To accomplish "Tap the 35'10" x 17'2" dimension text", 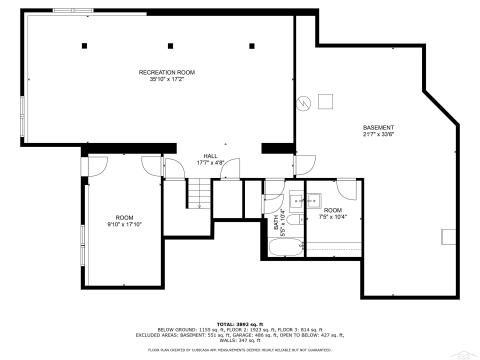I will (x=164, y=80).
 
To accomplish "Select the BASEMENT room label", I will (x=378, y=127).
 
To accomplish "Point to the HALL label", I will (x=211, y=156).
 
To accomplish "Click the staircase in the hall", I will (x=203, y=193).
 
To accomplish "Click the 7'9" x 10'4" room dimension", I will (x=331, y=217).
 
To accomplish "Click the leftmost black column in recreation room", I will (x=86, y=47).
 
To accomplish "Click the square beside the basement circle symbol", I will (x=325, y=99).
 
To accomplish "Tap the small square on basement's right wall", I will (x=448, y=235).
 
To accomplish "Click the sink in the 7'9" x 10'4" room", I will (x=312, y=195).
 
